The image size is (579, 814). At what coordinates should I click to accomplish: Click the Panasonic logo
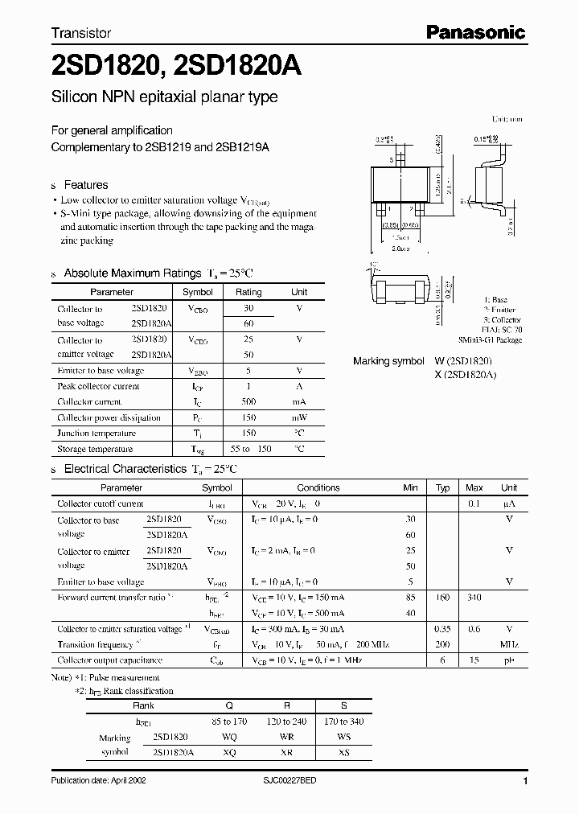pyautogui.click(x=475, y=33)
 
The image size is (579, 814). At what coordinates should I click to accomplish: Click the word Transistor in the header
pyautogui.click(x=81, y=34)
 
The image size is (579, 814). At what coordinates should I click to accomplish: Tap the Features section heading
pyautogui.click(x=86, y=185)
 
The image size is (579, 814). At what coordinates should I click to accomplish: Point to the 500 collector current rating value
pyautogui.click(x=248, y=401)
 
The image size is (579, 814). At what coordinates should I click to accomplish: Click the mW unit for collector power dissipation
pyautogui.click(x=299, y=417)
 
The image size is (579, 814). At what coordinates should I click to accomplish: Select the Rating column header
pyautogui.click(x=248, y=292)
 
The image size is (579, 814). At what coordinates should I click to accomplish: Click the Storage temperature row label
pyautogui.click(x=95, y=449)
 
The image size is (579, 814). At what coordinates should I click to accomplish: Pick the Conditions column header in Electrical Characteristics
pyautogui.click(x=318, y=487)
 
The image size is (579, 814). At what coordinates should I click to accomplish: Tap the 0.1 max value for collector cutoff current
pyautogui.click(x=474, y=504)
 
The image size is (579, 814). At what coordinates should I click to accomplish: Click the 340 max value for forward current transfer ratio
pyautogui.click(x=474, y=598)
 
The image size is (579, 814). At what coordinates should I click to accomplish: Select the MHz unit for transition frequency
pyautogui.click(x=508, y=644)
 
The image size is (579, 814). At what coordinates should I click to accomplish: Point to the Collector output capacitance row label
pyautogui.click(x=109, y=660)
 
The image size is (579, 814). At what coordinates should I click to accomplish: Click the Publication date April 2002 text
pyautogui.click(x=99, y=781)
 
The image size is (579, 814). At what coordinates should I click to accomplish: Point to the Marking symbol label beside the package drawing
pyautogui.click(x=388, y=361)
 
